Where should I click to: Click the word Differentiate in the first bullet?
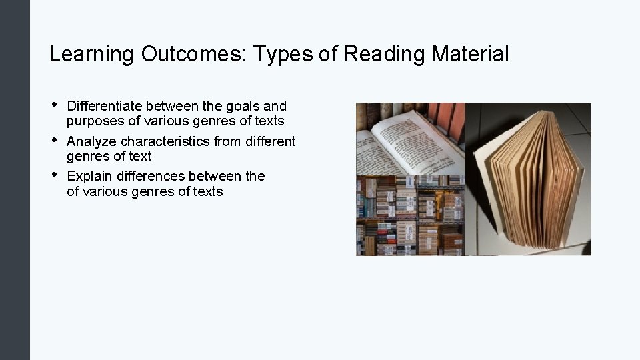pos(105,106)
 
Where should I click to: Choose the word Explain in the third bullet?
pos(90,176)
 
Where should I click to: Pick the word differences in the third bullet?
pos(151,176)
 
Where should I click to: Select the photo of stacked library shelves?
pos(410,215)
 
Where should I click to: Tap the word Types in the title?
pos(282,54)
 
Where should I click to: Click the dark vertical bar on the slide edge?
pos(15,180)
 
